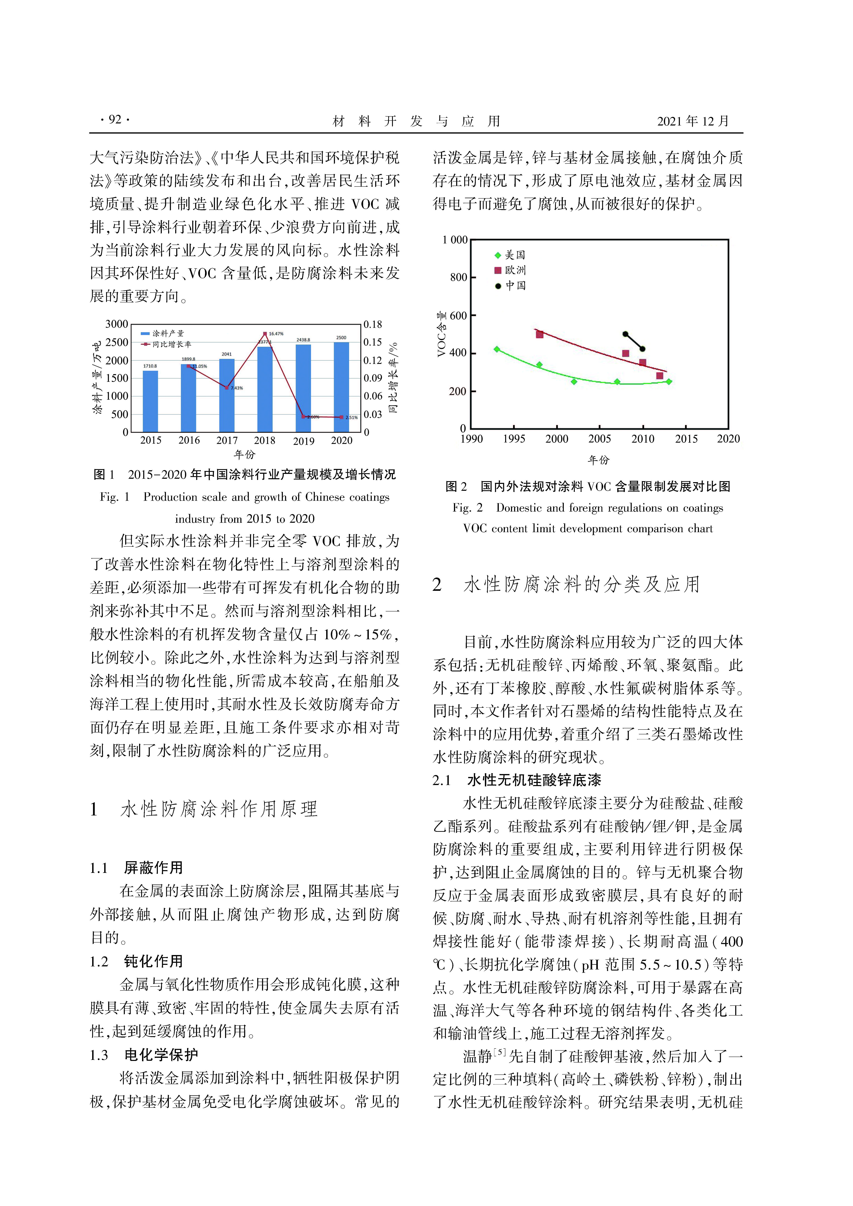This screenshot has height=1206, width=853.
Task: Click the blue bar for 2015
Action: pos(150,401)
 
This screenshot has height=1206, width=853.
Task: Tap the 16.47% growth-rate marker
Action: pos(265,334)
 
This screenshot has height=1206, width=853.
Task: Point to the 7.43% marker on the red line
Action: pos(226,388)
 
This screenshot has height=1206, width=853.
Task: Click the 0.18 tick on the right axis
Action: pos(373,325)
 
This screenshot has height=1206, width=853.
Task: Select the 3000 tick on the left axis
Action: pos(117,324)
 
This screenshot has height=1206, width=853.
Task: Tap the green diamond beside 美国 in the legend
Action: pos(497,255)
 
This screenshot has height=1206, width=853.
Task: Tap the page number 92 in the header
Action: pos(115,120)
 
